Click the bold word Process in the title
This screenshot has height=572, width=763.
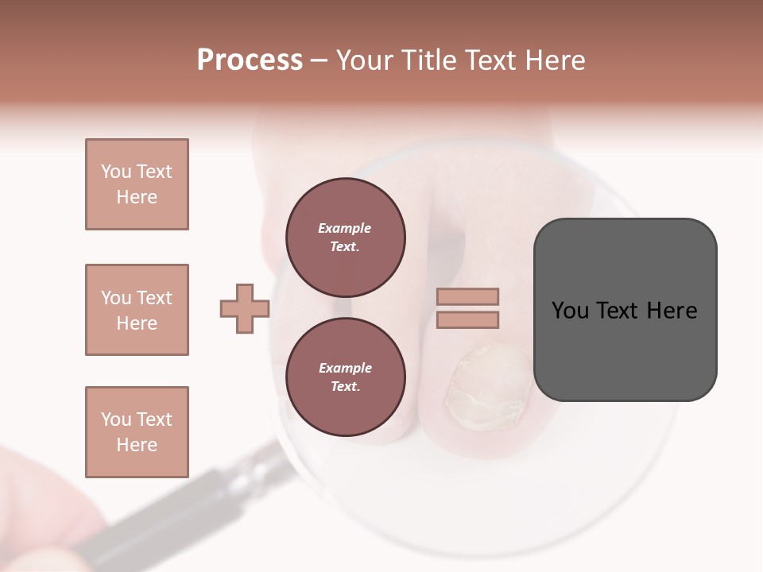[250, 60]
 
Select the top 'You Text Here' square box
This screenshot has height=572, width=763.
[137, 184]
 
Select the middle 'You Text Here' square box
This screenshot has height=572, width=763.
[137, 310]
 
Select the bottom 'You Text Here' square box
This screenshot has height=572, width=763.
[137, 431]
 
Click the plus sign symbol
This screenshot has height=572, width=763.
[245, 308]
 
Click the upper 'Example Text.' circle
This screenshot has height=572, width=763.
[345, 237]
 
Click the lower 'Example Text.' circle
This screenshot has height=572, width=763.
[345, 377]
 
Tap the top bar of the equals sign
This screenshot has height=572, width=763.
[467, 297]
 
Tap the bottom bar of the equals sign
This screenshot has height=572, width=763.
[467, 319]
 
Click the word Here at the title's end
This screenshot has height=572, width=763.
[554, 60]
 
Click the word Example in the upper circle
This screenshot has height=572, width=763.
[345, 228]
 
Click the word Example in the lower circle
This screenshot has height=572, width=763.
[345, 368]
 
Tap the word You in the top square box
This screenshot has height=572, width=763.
[114, 172]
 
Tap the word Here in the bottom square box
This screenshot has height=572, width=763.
[137, 445]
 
